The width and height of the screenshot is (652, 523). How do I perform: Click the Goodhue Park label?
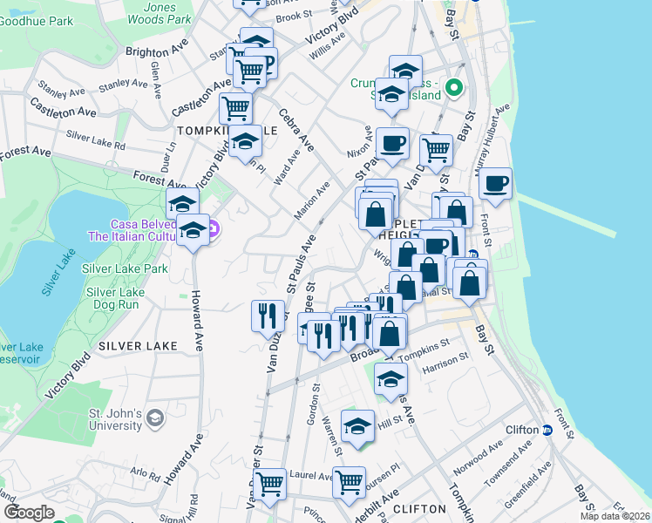point(37,20)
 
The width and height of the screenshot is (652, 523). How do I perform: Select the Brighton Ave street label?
point(157,51)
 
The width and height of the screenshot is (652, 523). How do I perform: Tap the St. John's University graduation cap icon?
point(155,417)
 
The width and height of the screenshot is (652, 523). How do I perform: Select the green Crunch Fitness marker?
point(454,88)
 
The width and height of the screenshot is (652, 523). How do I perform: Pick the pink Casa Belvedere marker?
point(215,229)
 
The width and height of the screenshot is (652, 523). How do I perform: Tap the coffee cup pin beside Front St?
point(495,184)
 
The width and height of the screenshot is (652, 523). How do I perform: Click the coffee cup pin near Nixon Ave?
point(392,144)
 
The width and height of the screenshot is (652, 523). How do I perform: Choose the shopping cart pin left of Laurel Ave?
point(269,482)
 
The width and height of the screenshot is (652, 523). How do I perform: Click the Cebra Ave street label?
point(296,129)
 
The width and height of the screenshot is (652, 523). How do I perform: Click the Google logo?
point(29,513)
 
